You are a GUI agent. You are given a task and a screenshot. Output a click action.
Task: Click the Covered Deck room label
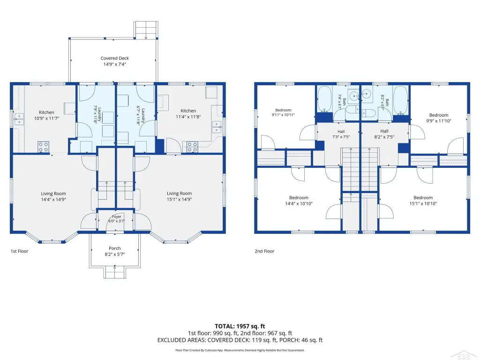(x=114, y=58)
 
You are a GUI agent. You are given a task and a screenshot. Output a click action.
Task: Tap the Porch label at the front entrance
(x=115, y=248)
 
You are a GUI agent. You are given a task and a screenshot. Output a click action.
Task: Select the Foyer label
(x=117, y=217)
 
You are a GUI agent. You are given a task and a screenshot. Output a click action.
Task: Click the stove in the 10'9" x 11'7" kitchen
(x=44, y=146)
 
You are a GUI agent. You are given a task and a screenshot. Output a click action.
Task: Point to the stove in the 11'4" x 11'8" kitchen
(x=192, y=147)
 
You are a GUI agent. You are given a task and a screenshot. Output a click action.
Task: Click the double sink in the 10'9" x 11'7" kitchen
(x=19, y=120)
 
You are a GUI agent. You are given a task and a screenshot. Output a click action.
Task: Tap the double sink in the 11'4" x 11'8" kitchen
(x=217, y=127)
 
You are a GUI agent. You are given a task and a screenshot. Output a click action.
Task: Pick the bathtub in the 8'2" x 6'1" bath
(x=400, y=100)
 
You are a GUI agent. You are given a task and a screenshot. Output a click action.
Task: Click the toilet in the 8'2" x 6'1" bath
(x=368, y=113)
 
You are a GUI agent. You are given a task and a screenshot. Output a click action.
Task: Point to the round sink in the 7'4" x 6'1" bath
(x=354, y=96)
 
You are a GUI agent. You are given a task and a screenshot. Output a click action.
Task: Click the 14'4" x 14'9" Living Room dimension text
(x=53, y=199)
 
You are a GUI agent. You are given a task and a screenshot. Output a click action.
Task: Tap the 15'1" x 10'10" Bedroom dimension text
(x=423, y=203)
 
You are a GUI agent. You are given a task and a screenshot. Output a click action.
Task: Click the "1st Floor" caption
(x=19, y=251)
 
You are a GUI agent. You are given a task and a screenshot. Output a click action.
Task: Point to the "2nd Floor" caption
(x=264, y=251)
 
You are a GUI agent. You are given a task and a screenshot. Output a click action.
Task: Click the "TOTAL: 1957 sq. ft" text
(x=240, y=326)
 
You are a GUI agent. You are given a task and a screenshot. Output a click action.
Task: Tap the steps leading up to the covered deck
(x=146, y=30)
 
